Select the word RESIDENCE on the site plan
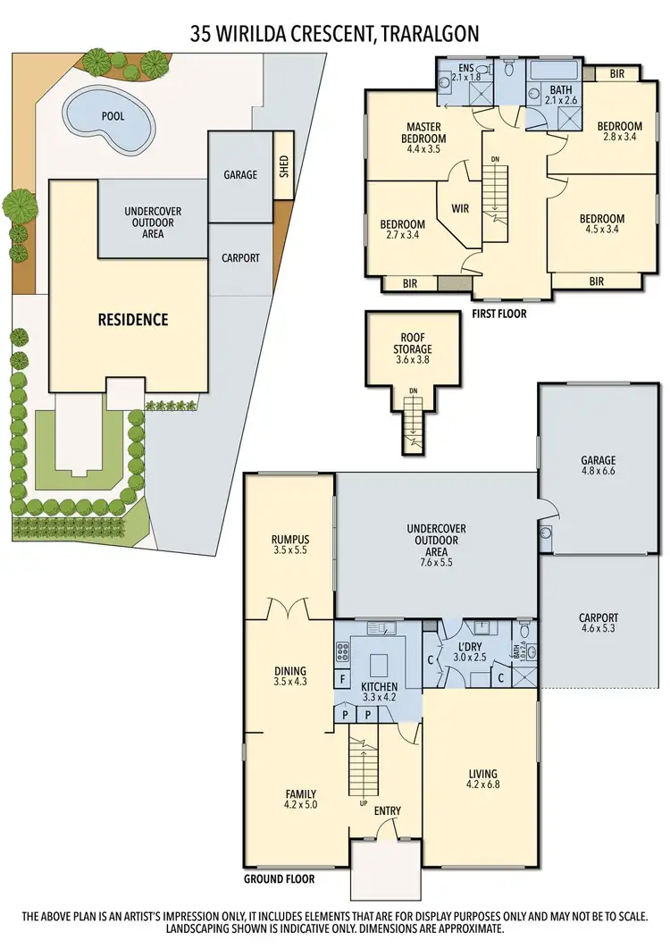[x=133, y=319]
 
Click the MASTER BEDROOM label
[x=425, y=133]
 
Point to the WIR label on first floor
[x=460, y=208]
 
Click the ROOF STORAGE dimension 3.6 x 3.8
[x=413, y=362]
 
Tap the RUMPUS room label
[x=290, y=539]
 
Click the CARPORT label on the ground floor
[x=598, y=618]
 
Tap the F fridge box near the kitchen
[x=342, y=680]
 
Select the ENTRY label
[x=388, y=811]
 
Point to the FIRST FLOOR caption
[x=498, y=315]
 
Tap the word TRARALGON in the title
[x=431, y=34]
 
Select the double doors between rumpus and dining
[x=289, y=610]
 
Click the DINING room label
[x=290, y=671]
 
